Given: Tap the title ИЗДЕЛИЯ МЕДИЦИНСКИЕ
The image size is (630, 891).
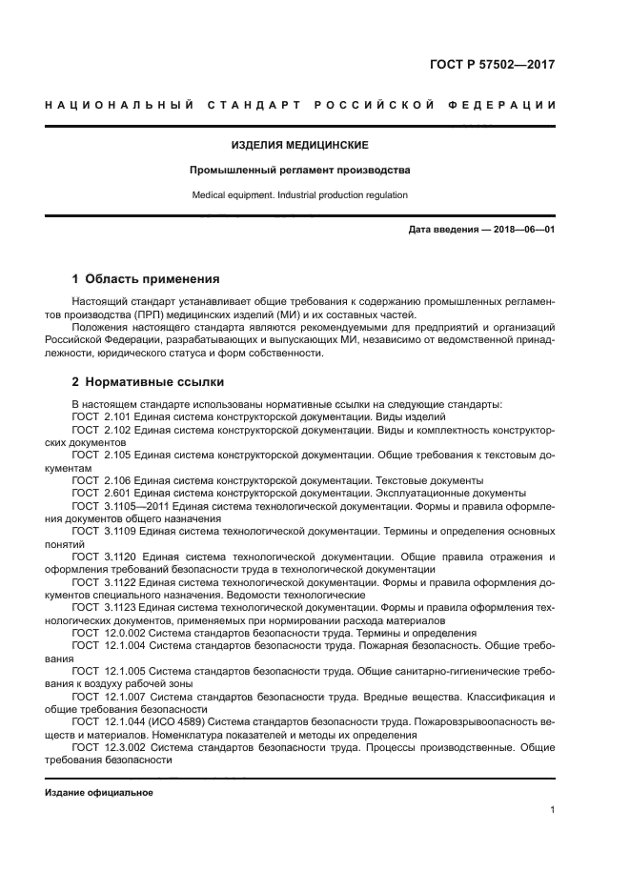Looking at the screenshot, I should [299, 146].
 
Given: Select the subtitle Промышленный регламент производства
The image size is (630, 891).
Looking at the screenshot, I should [299, 171].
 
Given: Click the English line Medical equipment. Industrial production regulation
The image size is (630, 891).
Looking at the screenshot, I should [299, 195].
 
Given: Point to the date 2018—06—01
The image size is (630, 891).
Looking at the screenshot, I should [523, 230].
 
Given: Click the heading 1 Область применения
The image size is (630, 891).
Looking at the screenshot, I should [146, 279].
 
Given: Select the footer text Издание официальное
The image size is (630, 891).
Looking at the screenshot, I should [99, 793].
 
